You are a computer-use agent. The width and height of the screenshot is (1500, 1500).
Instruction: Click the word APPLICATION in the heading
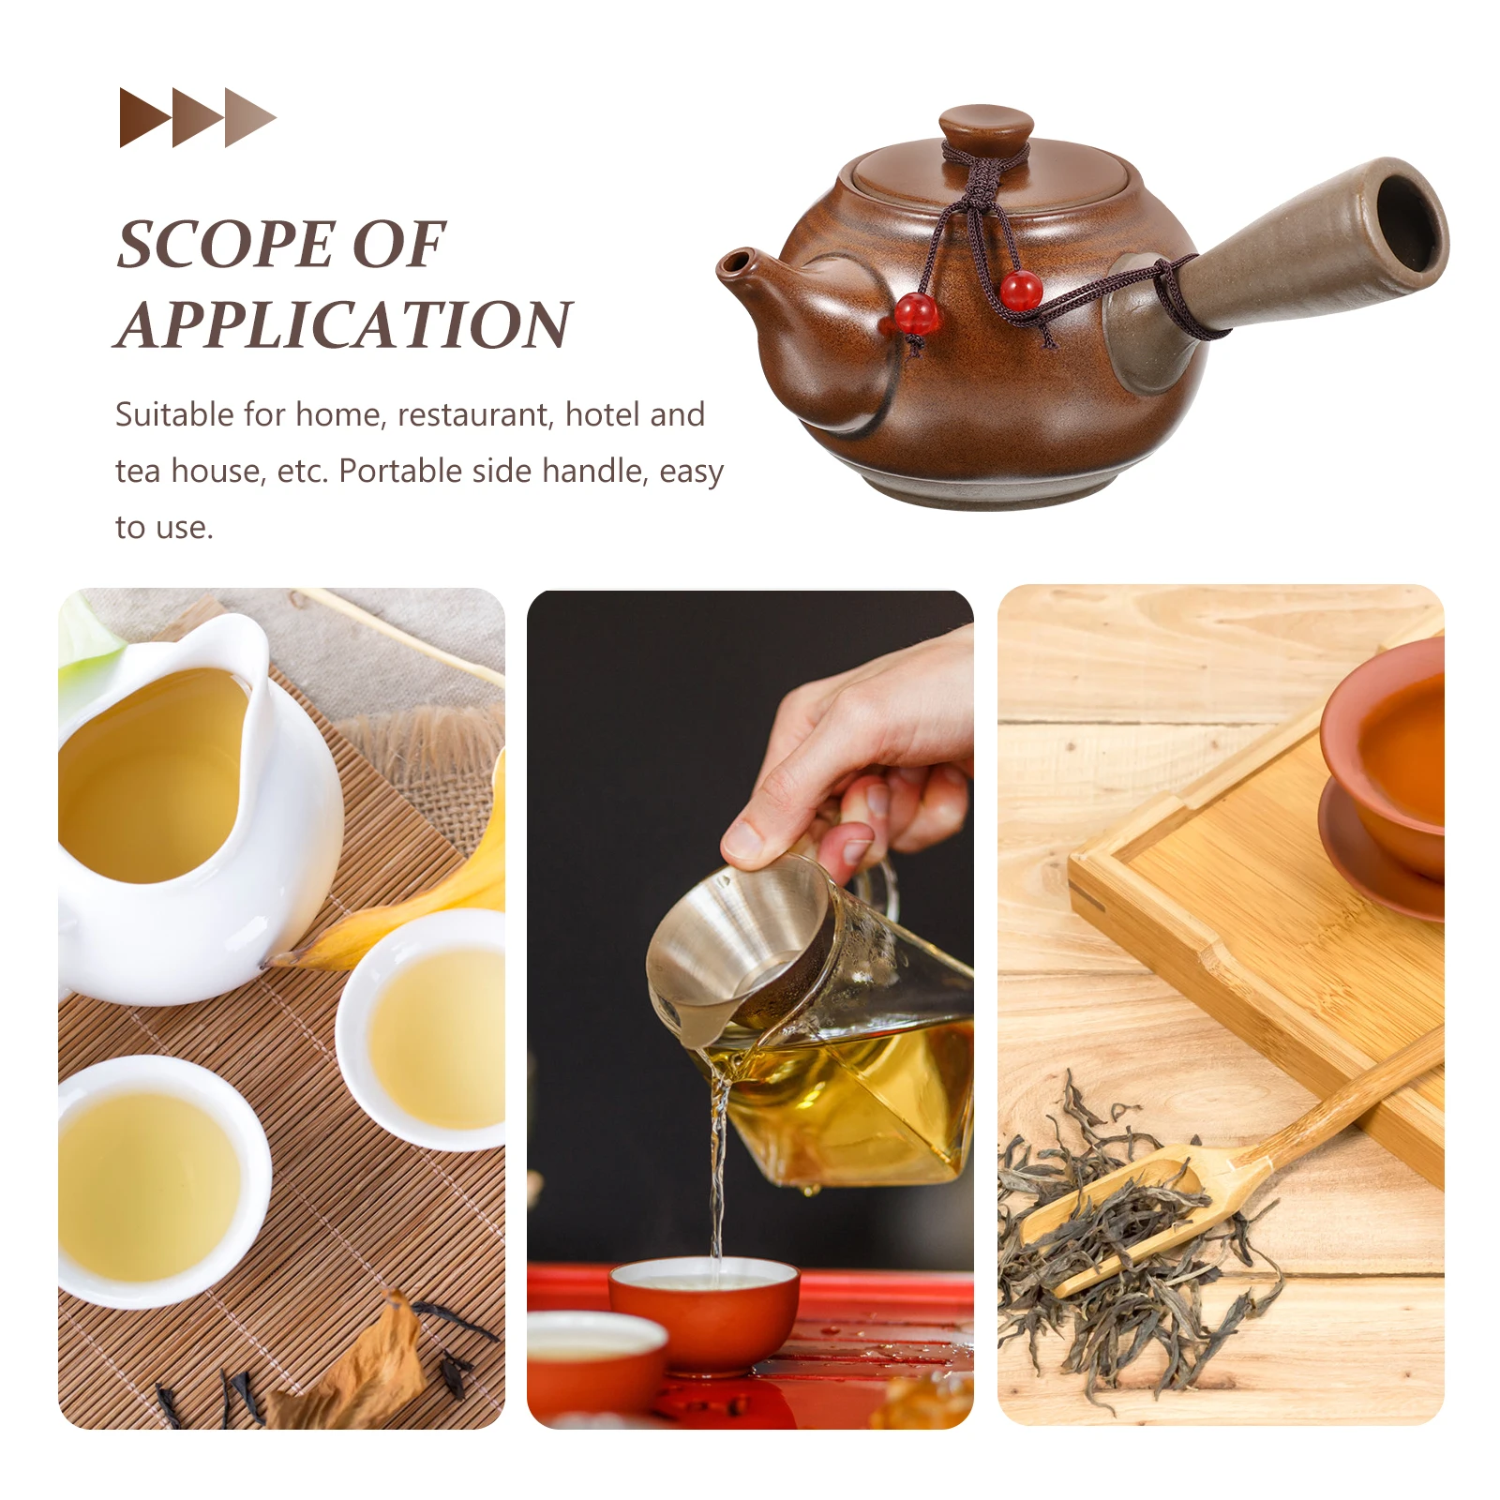(344, 325)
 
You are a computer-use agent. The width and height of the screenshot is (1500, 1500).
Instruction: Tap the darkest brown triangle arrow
(142, 118)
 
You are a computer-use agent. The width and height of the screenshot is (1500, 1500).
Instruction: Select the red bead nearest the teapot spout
(915, 313)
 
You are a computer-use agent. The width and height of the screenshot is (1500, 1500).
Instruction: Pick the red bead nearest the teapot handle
(1020, 290)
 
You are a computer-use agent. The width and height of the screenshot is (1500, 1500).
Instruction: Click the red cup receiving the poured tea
(703, 1312)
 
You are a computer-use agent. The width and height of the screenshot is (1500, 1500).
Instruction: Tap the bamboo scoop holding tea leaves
(1153, 1209)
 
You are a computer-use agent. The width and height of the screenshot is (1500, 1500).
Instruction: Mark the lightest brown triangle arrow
(247, 118)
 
